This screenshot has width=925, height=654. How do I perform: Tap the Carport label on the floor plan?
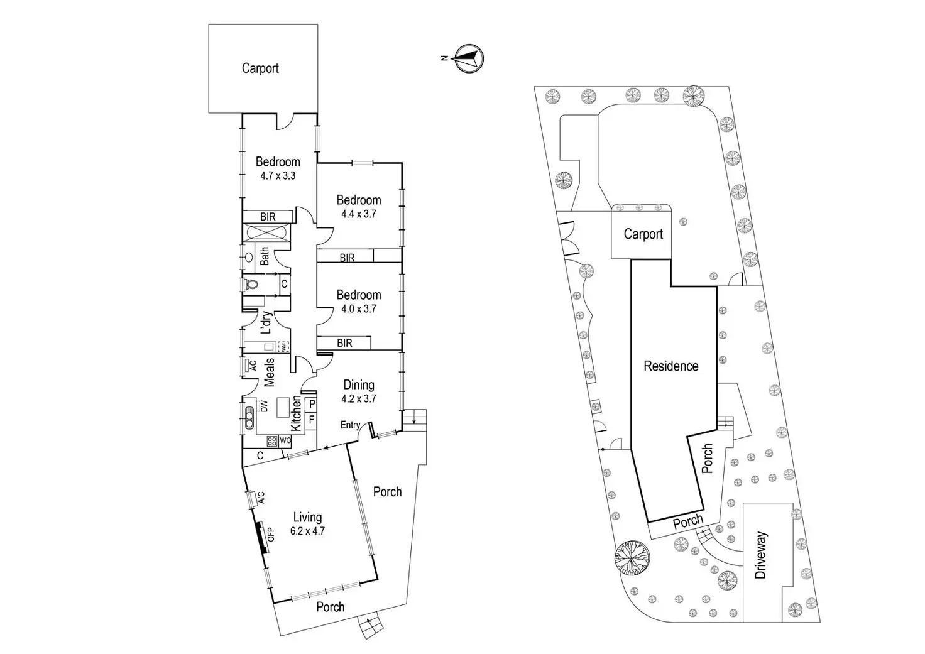coord(260,68)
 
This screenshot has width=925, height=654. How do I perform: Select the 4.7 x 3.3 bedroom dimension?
coord(278,176)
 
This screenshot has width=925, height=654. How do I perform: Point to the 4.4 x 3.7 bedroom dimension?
coord(359,214)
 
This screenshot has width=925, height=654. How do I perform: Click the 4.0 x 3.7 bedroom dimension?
coord(359,309)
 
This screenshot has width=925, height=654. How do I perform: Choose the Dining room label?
coord(359,384)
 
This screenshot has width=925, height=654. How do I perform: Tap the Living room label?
coord(307,517)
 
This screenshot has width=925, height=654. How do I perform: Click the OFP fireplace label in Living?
coord(271,534)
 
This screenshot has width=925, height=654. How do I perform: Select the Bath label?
coord(265,256)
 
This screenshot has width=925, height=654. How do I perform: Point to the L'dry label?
coord(266,322)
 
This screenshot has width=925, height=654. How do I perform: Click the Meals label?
coord(269,373)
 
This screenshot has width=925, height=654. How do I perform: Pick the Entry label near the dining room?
coord(350,425)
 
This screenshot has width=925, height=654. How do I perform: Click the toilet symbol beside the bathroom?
coord(251,285)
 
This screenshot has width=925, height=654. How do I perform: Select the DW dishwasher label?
coord(264,406)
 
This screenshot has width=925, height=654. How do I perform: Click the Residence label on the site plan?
coord(670,366)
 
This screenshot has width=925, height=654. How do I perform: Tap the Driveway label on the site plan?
coord(761,555)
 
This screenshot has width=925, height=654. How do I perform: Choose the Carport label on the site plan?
coord(643,234)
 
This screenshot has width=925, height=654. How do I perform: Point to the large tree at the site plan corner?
coord(633,557)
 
